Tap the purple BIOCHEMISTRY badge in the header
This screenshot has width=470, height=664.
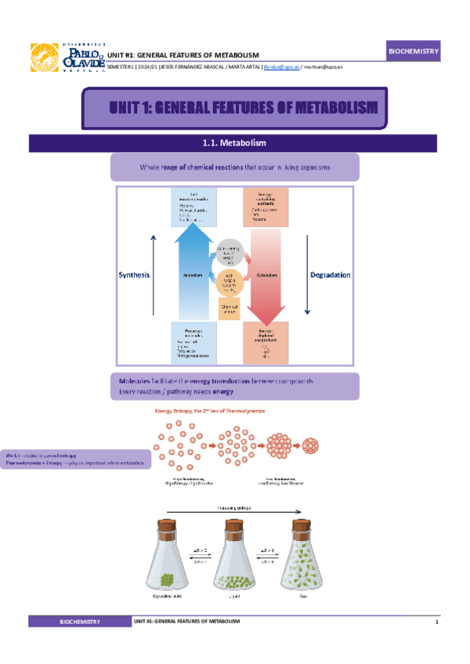click(x=414, y=52)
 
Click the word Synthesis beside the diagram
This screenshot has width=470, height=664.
click(x=133, y=276)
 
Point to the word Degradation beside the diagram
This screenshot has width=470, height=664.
click(x=330, y=276)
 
